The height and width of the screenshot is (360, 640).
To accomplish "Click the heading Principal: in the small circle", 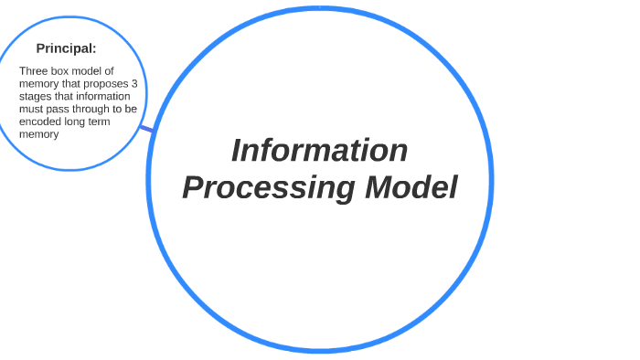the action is [66, 48].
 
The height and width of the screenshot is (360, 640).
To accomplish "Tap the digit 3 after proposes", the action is [133, 83].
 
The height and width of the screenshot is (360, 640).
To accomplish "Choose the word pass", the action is [58, 109].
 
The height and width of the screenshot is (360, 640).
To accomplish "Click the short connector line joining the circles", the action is [147, 129].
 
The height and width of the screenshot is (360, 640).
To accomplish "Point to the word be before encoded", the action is [131, 109].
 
